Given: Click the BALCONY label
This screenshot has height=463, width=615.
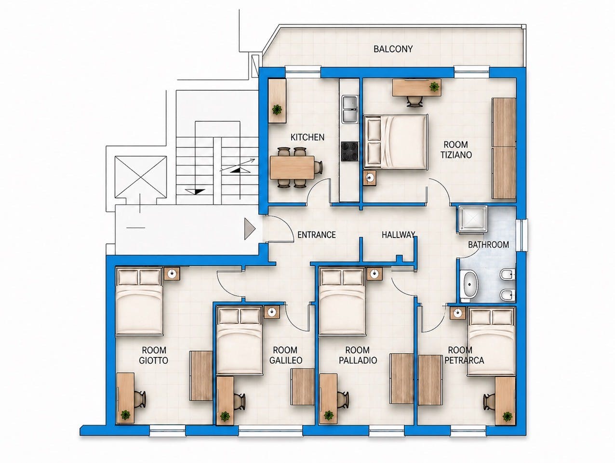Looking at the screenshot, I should [393, 49].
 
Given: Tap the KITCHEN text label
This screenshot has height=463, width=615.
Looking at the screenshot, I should [307, 137].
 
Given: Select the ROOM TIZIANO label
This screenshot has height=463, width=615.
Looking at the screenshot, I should [455, 149].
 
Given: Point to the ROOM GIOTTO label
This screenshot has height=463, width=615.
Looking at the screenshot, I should [154, 355].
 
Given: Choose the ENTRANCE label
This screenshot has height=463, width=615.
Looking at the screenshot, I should [316, 235].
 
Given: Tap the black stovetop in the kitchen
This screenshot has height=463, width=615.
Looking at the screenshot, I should [349, 151].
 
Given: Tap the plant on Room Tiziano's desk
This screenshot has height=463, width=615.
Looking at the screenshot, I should [435, 87].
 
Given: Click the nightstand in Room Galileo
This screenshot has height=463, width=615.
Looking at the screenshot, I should [272, 311].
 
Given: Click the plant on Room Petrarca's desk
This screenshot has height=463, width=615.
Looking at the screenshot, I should [507, 416].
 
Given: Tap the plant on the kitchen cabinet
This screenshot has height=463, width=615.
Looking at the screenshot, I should [277, 110].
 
